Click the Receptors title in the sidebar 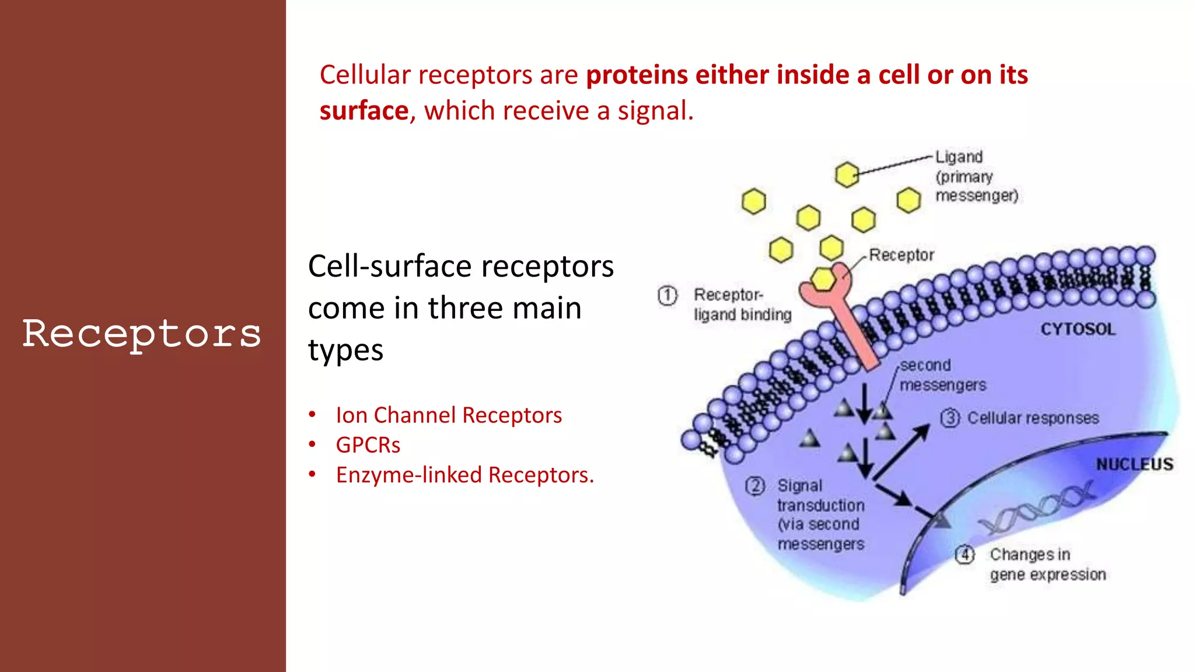(x=142, y=334)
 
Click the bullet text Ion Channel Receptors (x=448, y=415)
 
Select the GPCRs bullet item (x=368, y=445)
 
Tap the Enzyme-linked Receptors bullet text (x=464, y=475)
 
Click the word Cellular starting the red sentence (x=365, y=75)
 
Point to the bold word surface (x=364, y=111)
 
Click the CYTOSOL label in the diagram (x=1077, y=329)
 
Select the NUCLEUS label (x=1134, y=464)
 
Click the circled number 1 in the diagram (x=667, y=296)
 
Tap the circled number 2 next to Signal (x=754, y=486)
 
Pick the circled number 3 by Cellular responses (x=949, y=418)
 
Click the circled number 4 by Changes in (x=965, y=554)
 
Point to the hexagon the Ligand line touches (x=847, y=174)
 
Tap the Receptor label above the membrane (x=901, y=255)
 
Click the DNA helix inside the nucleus (x=1039, y=508)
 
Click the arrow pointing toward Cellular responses (x=902, y=452)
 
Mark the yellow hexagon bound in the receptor (x=823, y=279)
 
